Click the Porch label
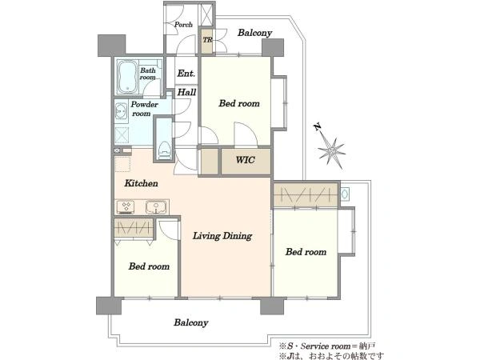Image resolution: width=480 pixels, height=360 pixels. pyautogui.click(x=183, y=25)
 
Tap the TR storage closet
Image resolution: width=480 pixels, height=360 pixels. pyautogui.click(x=207, y=41)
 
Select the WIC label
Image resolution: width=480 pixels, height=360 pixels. pyautogui.click(x=246, y=160)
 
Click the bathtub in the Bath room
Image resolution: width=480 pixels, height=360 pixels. pyautogui.click(x=128, y=77)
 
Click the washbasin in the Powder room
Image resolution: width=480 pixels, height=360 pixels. pyautogui.click(x=122, y=111)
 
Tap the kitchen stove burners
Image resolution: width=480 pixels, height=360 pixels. pyautogui.click(x=126, y=207)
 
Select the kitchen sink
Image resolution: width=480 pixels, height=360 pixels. pyautogui.click(x=157, y=207)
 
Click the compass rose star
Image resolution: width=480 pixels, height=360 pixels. pyautogui.click(x=331, y=151)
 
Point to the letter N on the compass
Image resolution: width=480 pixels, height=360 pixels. pyautogui.click(x=318, y=126)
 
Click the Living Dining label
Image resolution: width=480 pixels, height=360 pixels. pyautogui.click(x=222, y=236)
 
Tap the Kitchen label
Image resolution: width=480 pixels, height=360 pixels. pyautogui.click(x=141, y=183)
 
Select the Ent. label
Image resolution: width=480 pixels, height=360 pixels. pyautogui.click(x=186, y=74)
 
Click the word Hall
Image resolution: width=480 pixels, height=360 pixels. pyautogui.click(x=186, y=92)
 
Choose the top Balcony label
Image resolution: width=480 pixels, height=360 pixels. pyautogui.click(x=254, y=33)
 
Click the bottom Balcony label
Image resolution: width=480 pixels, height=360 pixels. pyautogui.click(x=191, y=322)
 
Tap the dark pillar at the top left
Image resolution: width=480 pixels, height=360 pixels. pyautogui.click(x=111, y=46)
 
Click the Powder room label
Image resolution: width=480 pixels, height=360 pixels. pyautogui.click(x=144, y=109)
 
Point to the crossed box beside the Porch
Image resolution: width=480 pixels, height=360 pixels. pyautogui.click(x=206, y=14)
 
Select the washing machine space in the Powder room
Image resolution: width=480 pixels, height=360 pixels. pyautogui.click(x=122, y=134)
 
